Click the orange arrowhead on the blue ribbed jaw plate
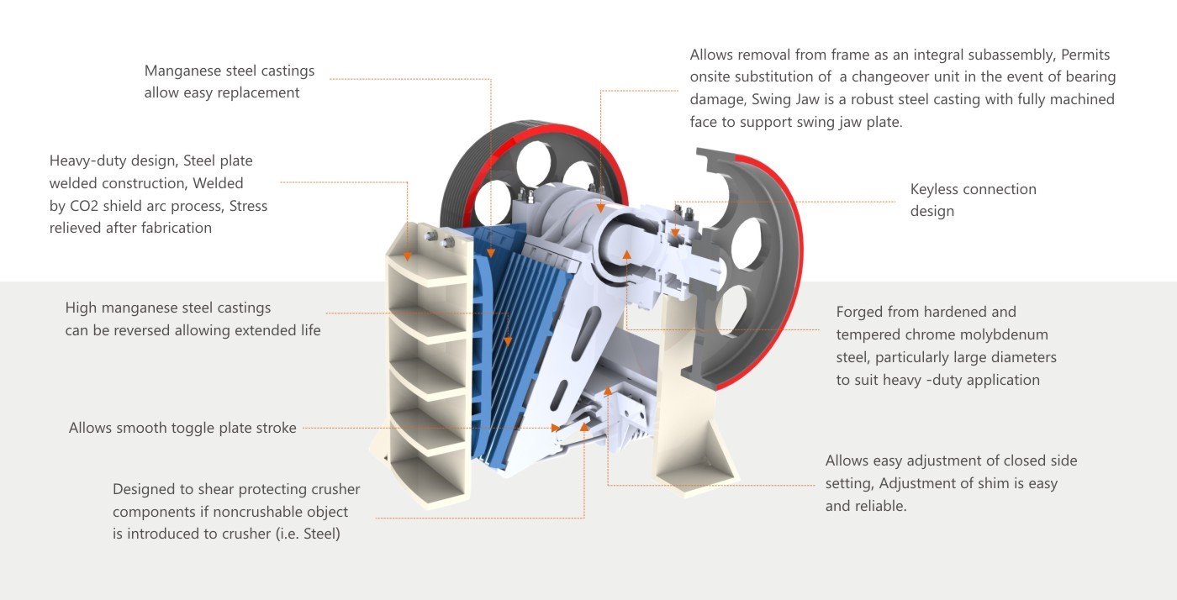pos(508,341)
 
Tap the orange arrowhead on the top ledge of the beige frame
pos(407,256)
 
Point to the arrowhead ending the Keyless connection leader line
pos(675,233)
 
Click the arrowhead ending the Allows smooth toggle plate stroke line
pos(555,428)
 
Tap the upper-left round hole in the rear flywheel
pos(533,164)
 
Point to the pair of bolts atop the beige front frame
pos(440,238)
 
